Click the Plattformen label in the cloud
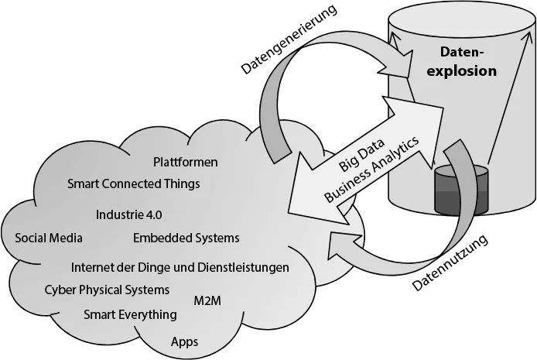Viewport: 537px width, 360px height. (186, 163)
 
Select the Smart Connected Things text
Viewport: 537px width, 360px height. (134, 184)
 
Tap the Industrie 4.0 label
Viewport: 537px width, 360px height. (129, 214)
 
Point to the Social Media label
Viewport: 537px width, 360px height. (49, 238)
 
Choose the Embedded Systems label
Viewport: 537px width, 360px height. (186, 238)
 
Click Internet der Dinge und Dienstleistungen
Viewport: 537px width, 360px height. (180, 267)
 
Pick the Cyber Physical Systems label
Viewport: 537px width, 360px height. (107, 290)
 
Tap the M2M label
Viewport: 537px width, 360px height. (207, 300)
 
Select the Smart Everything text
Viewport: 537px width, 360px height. (130, 314)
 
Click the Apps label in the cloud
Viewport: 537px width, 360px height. (185, 341)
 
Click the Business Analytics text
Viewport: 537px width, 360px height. (372, 170)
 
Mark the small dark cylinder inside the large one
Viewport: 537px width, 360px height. (462, 190)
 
